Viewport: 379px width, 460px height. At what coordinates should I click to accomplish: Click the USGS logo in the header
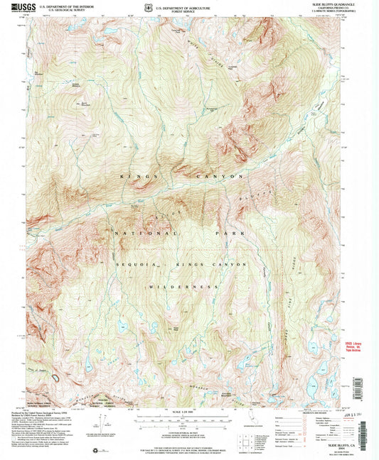point(15,6)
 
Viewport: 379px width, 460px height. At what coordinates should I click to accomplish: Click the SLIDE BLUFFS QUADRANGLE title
point(334,4)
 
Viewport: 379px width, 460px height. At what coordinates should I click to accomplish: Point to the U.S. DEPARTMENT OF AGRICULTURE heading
point(186,4)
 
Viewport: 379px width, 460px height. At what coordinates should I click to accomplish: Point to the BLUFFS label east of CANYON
point(265,192)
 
